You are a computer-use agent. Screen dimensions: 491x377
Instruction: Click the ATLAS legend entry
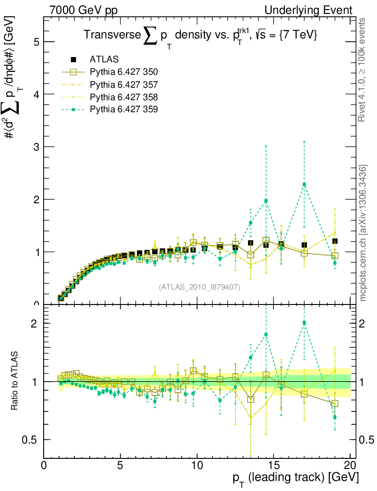104,59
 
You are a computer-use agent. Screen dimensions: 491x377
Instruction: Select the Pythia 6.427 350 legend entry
124,72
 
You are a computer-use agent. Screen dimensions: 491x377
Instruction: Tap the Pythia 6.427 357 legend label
124,84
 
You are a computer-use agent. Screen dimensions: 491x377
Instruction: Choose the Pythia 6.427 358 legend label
124,97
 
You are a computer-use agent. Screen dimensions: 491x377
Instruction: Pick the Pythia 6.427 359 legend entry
124,109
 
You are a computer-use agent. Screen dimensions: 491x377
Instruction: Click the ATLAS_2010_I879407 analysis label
200,287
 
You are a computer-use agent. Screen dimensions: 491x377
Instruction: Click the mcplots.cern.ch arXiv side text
364,233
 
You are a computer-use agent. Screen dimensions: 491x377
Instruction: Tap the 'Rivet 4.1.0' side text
364,70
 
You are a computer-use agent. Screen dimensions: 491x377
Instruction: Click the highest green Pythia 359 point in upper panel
304,185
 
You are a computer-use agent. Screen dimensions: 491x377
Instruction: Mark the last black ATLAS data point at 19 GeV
335,241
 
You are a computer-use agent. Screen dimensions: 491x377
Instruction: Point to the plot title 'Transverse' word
112,35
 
